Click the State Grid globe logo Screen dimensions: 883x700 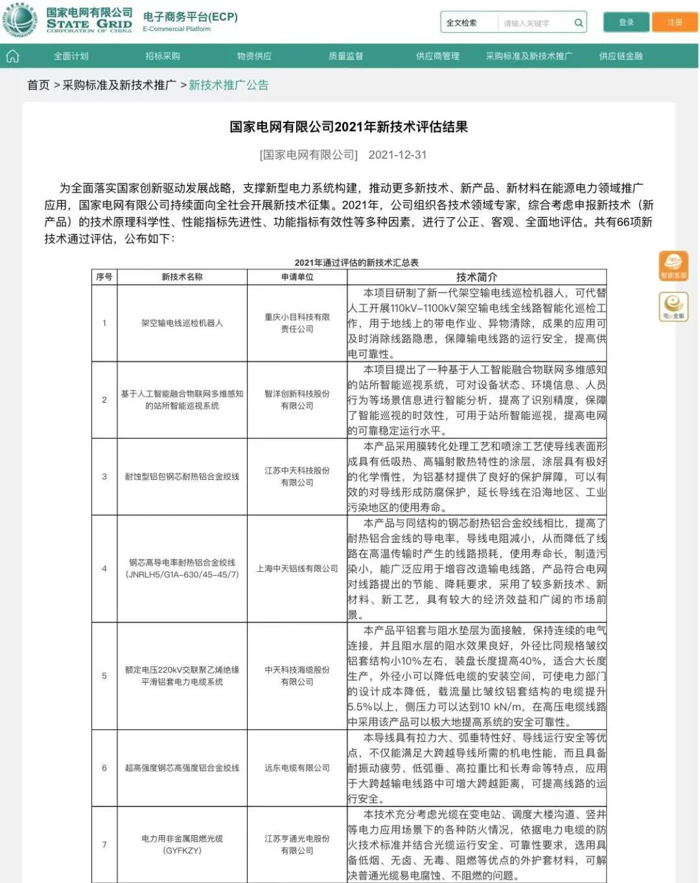pyautogui.click(x=19, y=21)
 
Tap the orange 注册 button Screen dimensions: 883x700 pyautogui.click(x=675, y=22)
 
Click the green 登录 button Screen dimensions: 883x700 pyautogui.click(x=626, y=22)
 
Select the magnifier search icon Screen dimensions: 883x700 pyautogui.click(x=578, y=23)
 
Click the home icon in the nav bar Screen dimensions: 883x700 pyautogui.click(x=12, y=56)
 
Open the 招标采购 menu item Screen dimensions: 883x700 pyautogui.click(x=163, y=56)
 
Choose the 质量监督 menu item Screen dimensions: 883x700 pyautogui.click(x=345, y=56)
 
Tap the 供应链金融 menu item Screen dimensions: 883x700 pyautogui.click(x=620, y=56)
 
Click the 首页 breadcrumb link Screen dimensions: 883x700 pyautogui.click(x=38, y=85)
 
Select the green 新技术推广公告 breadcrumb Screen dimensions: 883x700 pyautogui.click(x=228, y=85)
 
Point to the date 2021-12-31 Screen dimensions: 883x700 pyautogui.click(x=397, y=155)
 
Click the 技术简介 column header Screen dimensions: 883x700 pyautogui.click(x=476, y=277)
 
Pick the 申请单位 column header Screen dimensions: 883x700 pyautogui.click(x=297, y=277)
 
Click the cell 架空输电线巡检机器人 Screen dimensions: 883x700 pyautogui.click(x=181, y=323)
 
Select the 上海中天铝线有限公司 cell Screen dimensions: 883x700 pyautogui.click(x=297, y=569)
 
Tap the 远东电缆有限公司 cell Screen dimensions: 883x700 pyautogui.click(x=297, y=768)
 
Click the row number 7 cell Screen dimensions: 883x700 pyautogui.click(x=104, y=844)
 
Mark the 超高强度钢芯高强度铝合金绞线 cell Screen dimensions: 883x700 pyautogui.click(x=181, y=768)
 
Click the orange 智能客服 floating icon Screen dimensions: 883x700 pyautogui.click(x=673, y=266)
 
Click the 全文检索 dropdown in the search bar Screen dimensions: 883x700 pyautogui.click(x=461, y=23)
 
